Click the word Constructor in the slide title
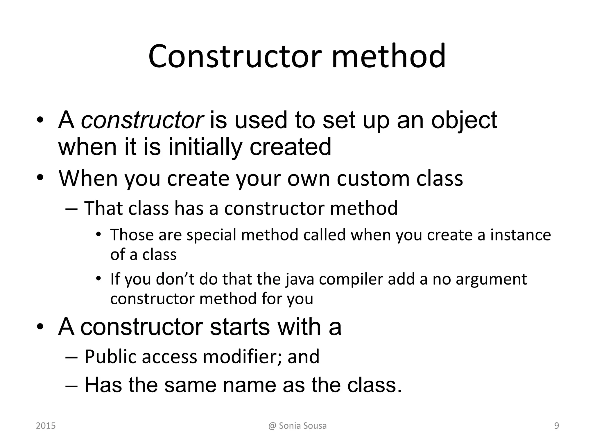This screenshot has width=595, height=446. click(235, 56)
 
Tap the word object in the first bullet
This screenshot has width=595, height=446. click(464, 121)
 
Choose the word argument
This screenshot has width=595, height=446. click(491, 279)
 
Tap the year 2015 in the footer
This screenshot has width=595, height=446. click(46, 426)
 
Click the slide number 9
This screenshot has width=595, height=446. click(557, 426)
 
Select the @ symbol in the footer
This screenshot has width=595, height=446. click(272, 426)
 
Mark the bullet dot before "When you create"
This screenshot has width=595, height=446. click(40, 178)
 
